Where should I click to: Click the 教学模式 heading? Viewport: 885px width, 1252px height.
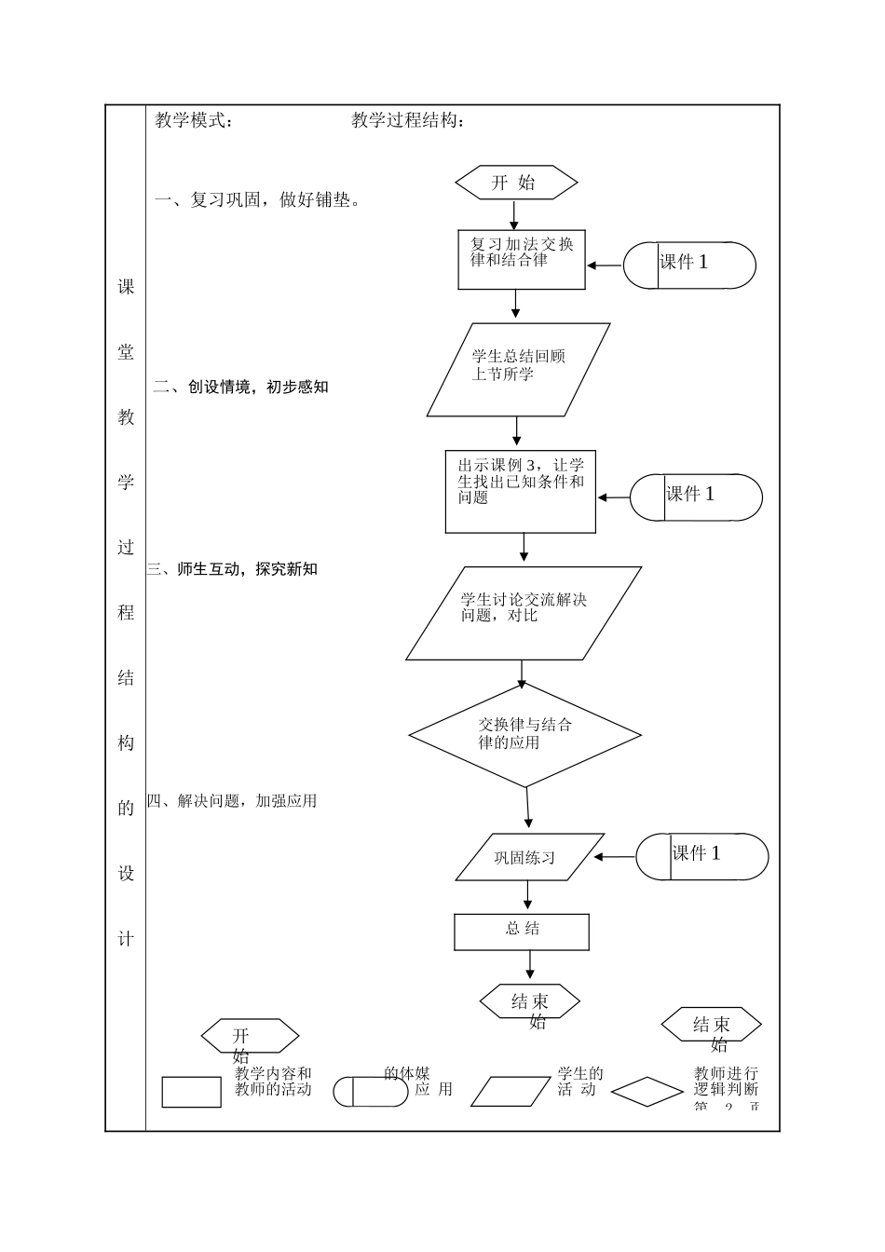point(194,120)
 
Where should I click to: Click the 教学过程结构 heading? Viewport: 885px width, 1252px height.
point(408,120)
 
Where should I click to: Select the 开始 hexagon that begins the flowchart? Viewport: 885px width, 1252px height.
point(516,183)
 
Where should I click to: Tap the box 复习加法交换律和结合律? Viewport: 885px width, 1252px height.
point(522,259)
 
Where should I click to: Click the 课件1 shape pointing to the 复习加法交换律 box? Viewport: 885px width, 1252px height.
point(688,265)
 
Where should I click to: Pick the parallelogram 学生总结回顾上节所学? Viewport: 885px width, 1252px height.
point(518,370)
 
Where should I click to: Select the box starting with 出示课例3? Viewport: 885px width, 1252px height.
point(520,492)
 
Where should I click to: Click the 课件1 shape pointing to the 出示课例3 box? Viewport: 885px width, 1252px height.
point(696,497)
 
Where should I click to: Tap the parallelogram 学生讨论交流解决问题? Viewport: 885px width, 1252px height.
point(524,613)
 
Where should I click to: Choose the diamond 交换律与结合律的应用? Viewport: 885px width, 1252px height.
point(524,735)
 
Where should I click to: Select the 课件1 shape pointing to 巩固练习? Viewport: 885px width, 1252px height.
point(701,856)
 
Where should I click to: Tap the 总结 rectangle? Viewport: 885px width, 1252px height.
point(522,932)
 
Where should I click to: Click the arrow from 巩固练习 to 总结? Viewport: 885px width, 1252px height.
point(528,896)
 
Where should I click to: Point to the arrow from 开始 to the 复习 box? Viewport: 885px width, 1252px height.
point(514,215)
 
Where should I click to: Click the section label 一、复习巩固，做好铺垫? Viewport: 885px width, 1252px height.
point(257,199)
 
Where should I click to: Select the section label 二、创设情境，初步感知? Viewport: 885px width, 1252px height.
point(241,387)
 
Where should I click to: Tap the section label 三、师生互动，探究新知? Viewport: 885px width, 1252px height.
point(233,568)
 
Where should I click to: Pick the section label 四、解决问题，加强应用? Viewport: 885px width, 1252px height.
point(232,800)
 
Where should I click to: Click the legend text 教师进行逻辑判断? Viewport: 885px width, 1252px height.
point(726,1082)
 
